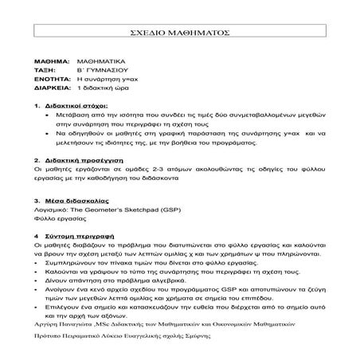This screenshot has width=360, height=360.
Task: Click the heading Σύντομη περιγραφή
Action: (x=79, y=237)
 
